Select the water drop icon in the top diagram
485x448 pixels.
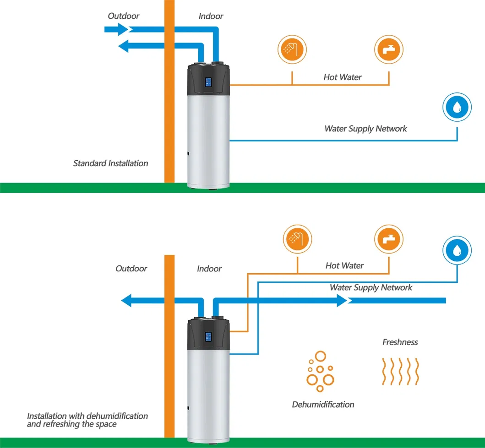(x=457, y=107)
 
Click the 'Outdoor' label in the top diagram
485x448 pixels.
(x=124, y=16)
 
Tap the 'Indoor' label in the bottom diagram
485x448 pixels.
(x=209, y=269)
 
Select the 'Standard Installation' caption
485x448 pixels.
(x=110, y=163)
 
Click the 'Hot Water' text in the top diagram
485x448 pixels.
(x=343, y=77)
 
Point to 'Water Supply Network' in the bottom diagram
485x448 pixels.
(x=371, y=287)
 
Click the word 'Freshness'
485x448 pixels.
(x=400, y=342)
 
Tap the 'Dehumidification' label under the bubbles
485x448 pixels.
(x=323, y=404)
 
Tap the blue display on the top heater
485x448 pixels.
(x=208, y=83)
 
